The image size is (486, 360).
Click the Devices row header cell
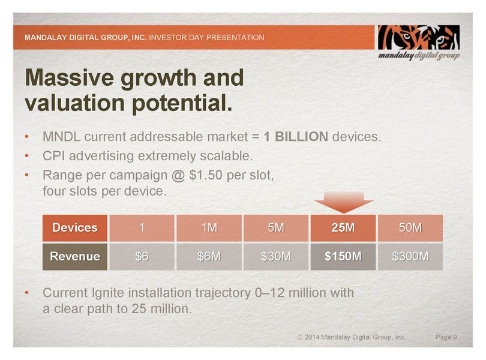(x=74, y=228)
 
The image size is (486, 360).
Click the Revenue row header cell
(x=74, y=257)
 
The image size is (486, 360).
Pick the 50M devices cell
(x=410, y=228)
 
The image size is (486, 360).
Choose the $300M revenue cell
(x=410, y=257)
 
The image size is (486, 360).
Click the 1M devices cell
(x=208, y=228)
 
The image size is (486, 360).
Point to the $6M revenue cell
(x=208, y=257)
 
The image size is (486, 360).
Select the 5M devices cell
(x=276, y=228)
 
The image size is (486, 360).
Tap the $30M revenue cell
(x=276, y=257)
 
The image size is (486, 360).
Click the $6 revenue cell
(x=141, y=257)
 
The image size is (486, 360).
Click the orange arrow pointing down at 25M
(x=343, y=202)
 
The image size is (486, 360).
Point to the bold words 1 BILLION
(x=296, y=137)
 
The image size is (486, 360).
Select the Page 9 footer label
(x=446, y=338)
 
